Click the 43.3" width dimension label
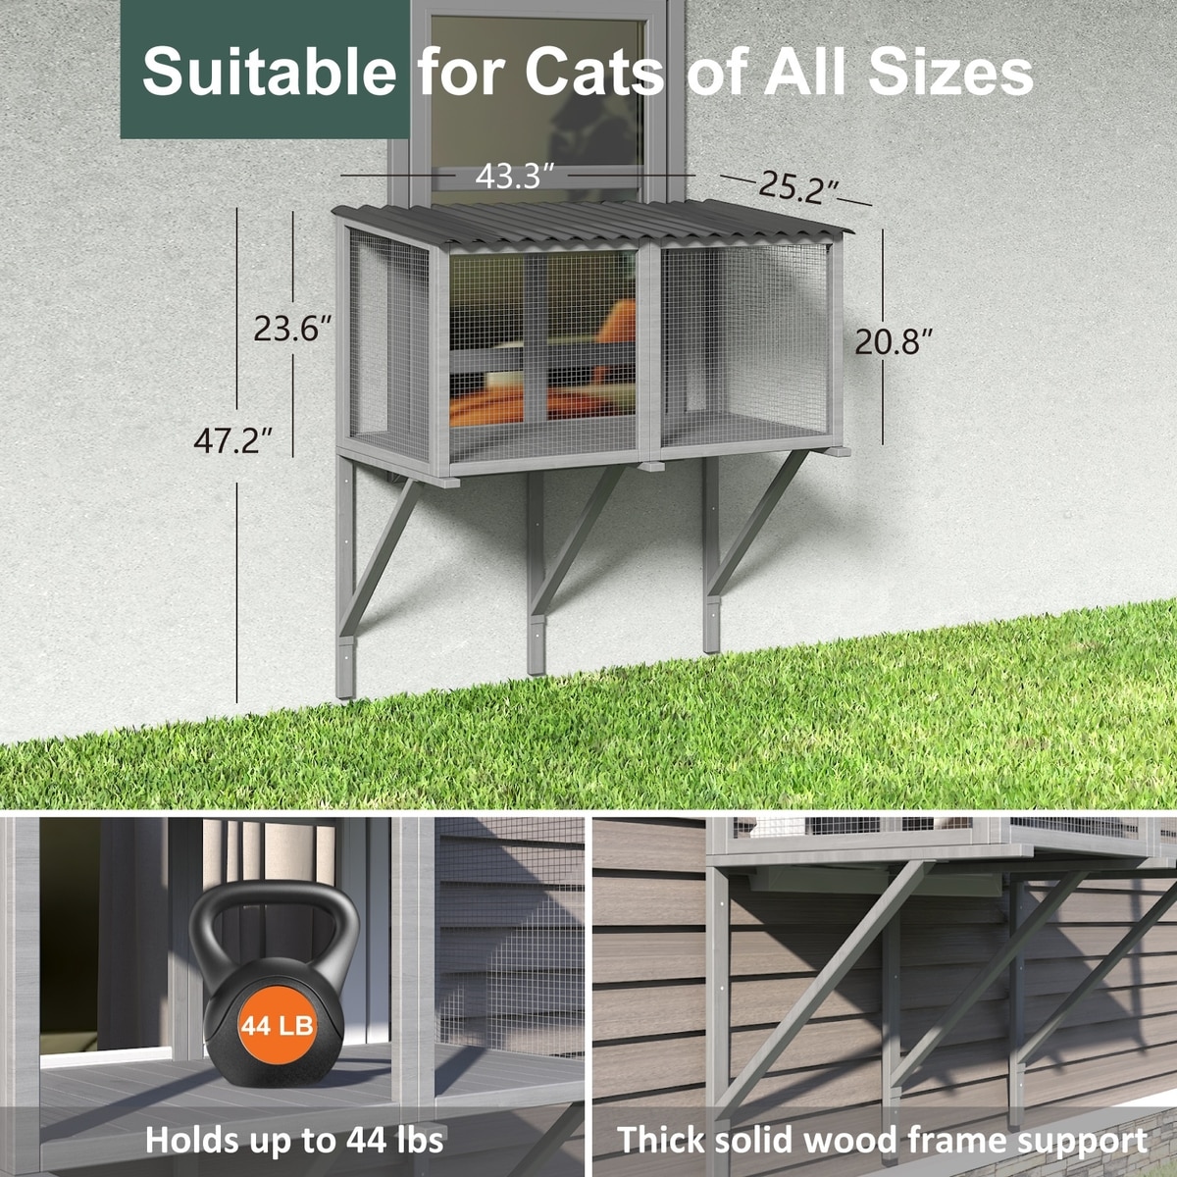coord(514,176)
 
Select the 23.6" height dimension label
coord(292,330)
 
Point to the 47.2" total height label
coord(232,440)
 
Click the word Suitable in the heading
coord(270,72)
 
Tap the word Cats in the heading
coord(594,72)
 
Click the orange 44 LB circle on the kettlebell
coord(277,1026)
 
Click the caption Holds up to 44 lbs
coord(294,1123)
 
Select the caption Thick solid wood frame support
coord(882,1123)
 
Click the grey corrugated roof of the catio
coord(592,225)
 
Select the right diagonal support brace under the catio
coord(757,523)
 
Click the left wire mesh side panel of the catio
coord(389,345)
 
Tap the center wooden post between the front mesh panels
coord(648,353)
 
